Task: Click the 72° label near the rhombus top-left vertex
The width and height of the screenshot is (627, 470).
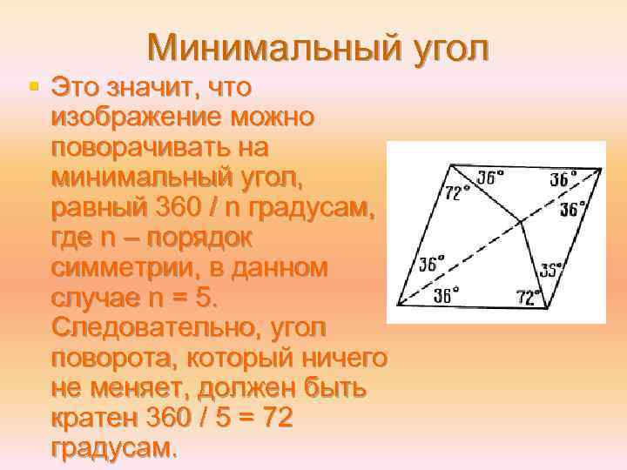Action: tap(457, 190)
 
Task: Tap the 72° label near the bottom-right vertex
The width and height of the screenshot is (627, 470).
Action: tap(528, 296)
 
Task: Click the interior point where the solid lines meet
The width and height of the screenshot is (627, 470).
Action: tap(522, 222)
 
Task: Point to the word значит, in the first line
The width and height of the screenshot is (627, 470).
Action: tap(158, 87)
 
